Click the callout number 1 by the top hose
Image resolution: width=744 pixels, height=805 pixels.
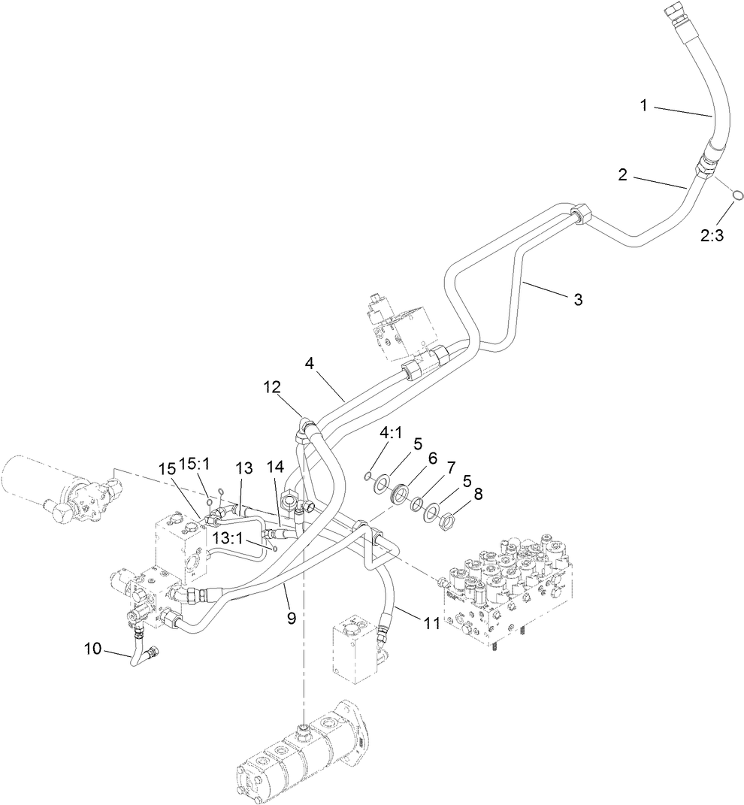[x=643, y=106]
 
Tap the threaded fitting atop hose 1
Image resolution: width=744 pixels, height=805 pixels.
[x=675, y=16]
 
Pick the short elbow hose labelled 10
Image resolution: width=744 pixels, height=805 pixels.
[x=138, y=651]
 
